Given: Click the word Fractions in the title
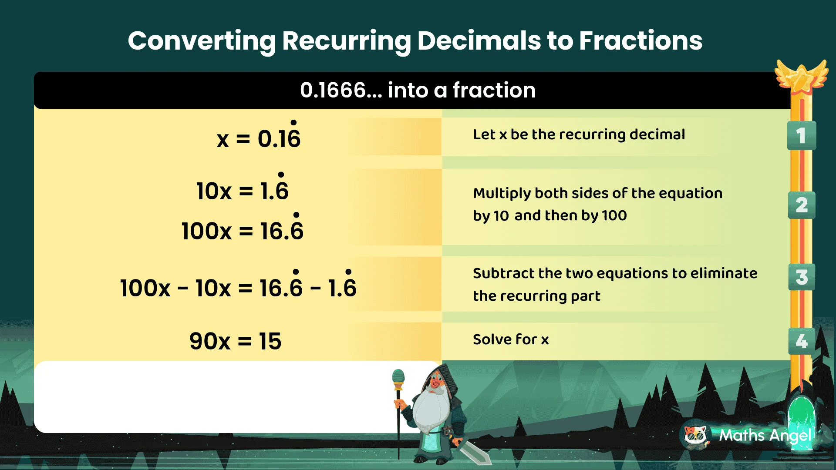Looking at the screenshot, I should tap(640, 40).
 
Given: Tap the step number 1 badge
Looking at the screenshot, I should tap(801, 135).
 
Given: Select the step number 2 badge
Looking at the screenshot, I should tap(801, 205).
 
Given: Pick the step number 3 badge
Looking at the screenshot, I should tap(801, 277).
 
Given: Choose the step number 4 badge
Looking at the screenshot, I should tap(801, 341).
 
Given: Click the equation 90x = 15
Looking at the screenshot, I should tap(235, 341).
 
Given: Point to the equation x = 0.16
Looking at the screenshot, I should tap(259, 138).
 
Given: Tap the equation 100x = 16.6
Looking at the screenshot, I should tap(242, 230).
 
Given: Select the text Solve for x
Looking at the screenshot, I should tap(511, 339).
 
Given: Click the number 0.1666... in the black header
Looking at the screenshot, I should tap(340, 91).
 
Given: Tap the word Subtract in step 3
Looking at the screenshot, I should tap(504, 273).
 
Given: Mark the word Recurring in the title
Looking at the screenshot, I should tap(346, 40).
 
